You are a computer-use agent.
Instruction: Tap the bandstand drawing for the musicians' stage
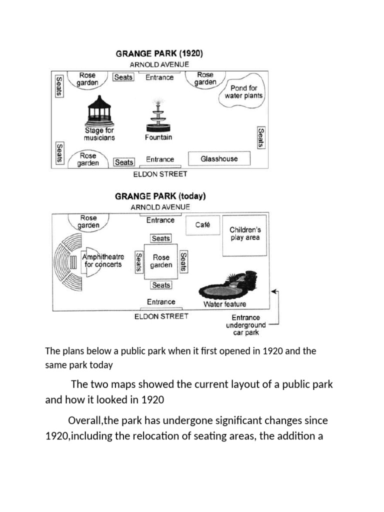pyautogui.click(x=99, y=112)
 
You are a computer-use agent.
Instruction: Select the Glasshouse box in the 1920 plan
pyautogui.click(x=219, y=159)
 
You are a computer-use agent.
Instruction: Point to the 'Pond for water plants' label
pyautogui.click(x=243, y=92)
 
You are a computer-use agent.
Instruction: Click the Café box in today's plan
pyautogui.click(x=202, y=225)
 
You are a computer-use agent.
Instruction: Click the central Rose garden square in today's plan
pyautogui.click(x=161, y=261)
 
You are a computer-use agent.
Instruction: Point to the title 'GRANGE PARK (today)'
pyautogui.click(x=160, y=196)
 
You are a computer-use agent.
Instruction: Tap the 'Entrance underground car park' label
pyautogui.click(x=245, y=325)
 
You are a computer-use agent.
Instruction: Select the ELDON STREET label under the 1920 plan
pyautogui.click(x=160, y=174)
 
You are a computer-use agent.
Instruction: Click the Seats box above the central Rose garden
pyautogui.click(x=161, y=238)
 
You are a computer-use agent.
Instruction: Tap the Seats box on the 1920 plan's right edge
pyautogui.click(x=260, y=137)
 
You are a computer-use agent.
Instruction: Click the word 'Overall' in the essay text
pyautogui.click(x=85, y=420)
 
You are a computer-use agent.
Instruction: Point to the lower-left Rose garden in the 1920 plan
pyautogui.click(x=88, y=159)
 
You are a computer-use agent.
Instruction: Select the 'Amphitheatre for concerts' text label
pyautogui.click(x=103, y=260)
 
